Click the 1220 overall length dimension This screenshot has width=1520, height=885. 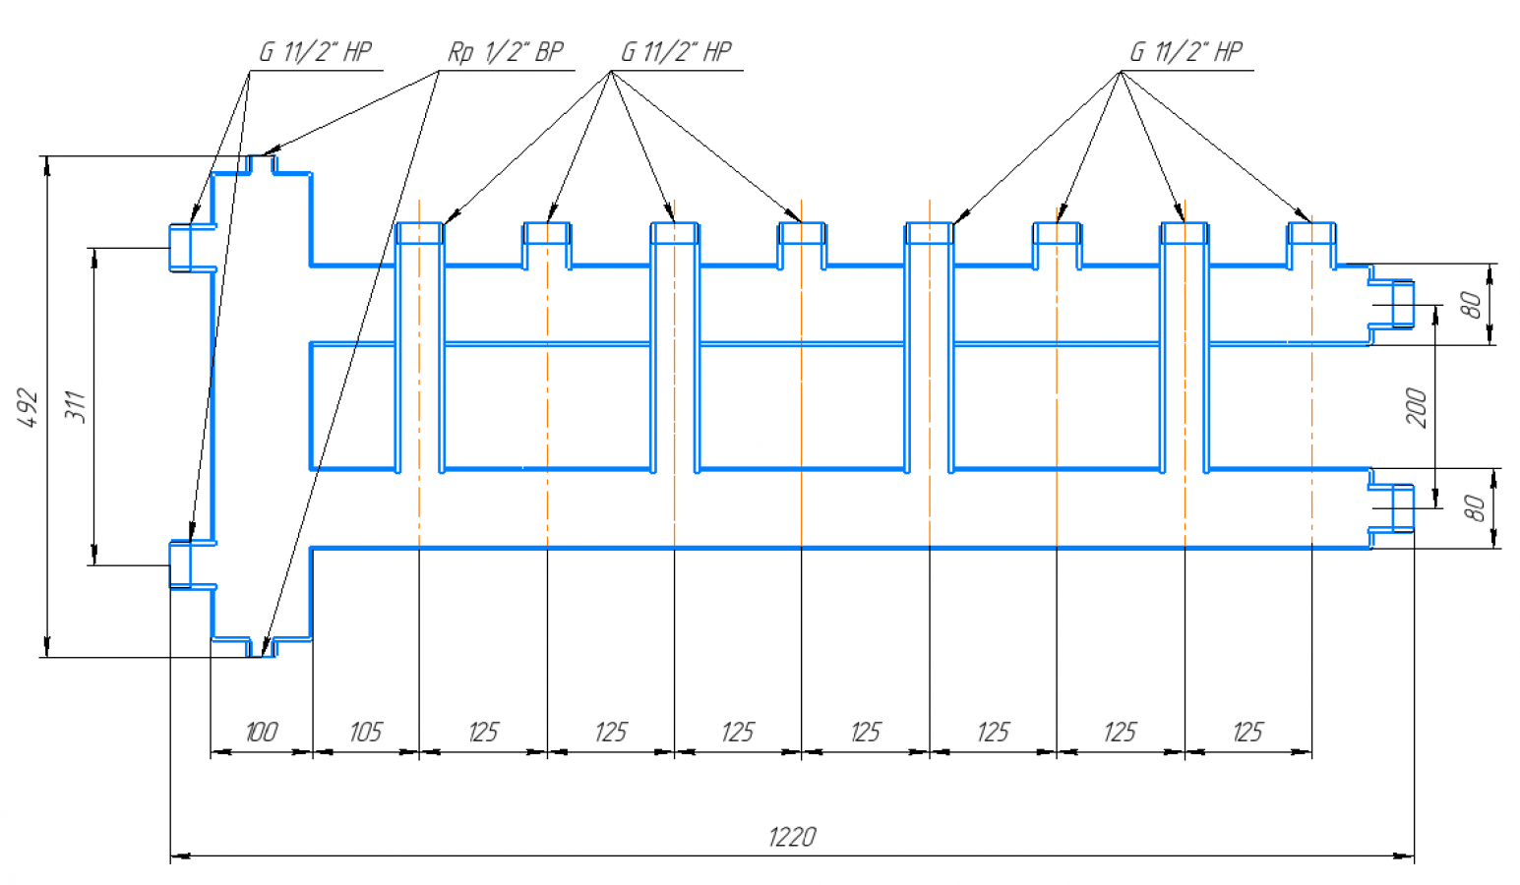pyautogui.click(x=791, y=837)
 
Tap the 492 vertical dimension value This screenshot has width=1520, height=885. pyautogui.click(x=29, y=407)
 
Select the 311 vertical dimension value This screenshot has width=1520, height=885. pyautogui.click(x=76, y=407)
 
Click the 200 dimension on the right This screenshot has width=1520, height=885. pyautogui.click(x=1417, y=407)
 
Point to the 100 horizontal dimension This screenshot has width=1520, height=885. pyautogui.click(x=261, y=732)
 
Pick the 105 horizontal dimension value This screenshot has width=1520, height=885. pyautogui.click(x=365, y=732)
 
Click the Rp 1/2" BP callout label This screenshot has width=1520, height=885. pyautogui.click(x=505, y=51)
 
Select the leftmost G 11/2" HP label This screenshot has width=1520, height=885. pyautogui.click(x=315, y=51)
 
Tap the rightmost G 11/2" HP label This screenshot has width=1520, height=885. pyautogui.click(x=1186, y=51)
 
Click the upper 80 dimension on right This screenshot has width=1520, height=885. pyautogui.click(x=1472, y=305)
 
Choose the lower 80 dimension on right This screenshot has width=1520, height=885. pyautogui.click(x=1474, y=508)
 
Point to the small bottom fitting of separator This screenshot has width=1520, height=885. pyautogui.click(x=262, y=647)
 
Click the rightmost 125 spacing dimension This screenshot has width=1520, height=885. pyautogui.click(x=1247, y=732)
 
